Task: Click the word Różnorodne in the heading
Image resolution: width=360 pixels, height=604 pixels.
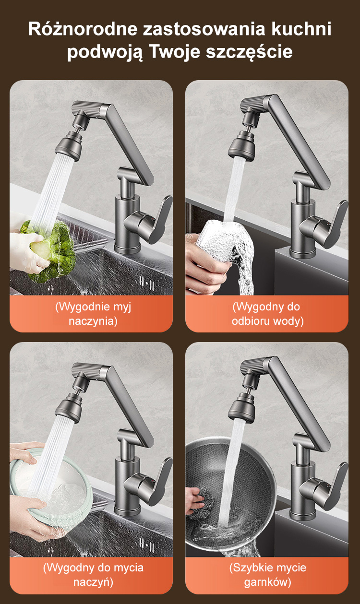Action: pos(83,29)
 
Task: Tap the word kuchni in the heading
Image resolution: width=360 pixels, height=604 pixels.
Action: pos(301,29)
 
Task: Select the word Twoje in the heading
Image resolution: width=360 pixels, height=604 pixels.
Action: pos(175,51)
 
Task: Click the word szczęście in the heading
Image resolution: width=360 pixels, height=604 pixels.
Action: pos(249,52)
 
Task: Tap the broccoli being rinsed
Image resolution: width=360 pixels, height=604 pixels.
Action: pos(51,251)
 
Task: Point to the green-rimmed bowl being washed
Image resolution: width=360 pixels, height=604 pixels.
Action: pos(51,488)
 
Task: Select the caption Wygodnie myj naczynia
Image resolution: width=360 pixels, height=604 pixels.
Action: pos(93,314)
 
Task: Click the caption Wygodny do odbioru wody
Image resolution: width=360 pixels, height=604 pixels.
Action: pos(268,314)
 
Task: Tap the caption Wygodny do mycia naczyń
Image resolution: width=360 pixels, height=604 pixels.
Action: pos(93,575)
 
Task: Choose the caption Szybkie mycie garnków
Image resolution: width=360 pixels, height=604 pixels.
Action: pos(268,575)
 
